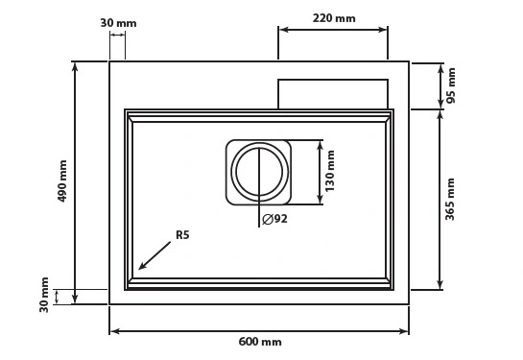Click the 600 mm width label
[260, 342]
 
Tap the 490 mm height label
[62, 181]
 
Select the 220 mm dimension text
[334, 18]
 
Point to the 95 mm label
[451, 85]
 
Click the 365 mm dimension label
[450, 199]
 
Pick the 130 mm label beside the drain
[329, 171]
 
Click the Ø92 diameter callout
[274, 219]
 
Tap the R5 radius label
[182, 235]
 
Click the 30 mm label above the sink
[118, 23]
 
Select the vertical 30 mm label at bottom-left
[44, 295]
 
